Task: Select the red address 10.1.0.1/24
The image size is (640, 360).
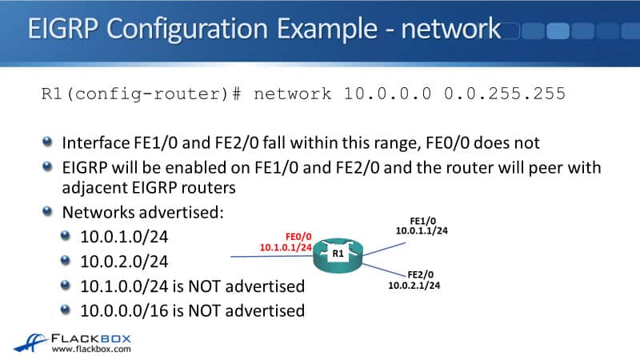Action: point(286,248)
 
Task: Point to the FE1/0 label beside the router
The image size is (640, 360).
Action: point(422,219)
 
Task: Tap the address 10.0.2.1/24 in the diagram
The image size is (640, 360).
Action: point(415,285)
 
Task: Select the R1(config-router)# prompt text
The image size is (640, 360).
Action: point(141,94)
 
